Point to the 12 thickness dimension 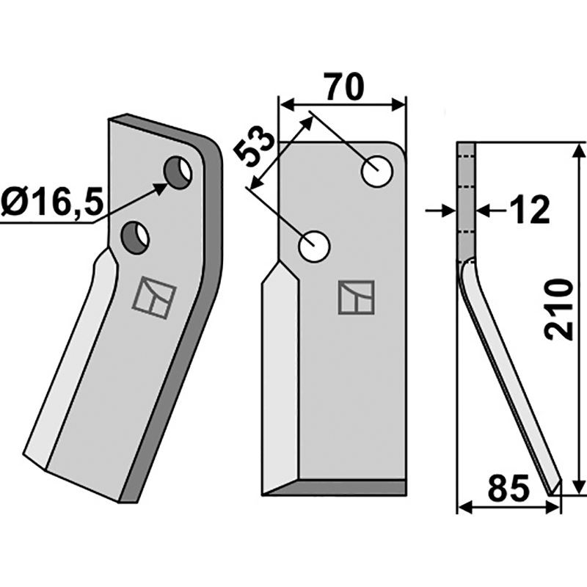[x=531, y=210]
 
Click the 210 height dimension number [x=559, y=310]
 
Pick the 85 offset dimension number [x=508, y=488]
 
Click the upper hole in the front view [x=377, y=172]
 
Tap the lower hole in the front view [x=314, y=247]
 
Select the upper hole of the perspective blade [x=178, y=172]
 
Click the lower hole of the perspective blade [x=135, y=238]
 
